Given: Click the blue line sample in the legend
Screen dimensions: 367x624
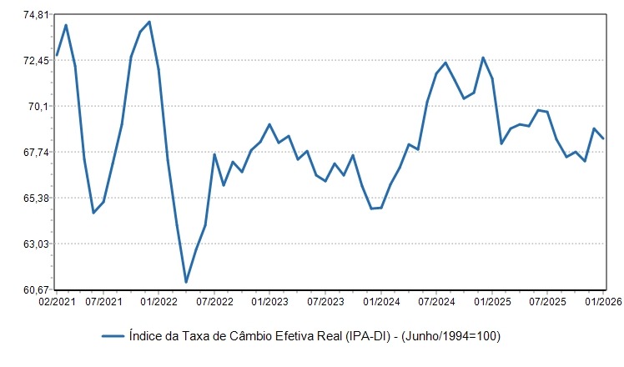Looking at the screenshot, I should tap(113, 336).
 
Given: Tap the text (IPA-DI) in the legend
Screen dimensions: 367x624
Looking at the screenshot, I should tap(368, 336).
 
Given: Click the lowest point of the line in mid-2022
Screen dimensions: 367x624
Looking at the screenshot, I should tap(186, 282).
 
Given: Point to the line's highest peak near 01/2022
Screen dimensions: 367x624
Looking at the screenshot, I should tap(149, 22).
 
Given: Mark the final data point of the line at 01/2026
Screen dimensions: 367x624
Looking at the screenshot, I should tap(603, 138).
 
